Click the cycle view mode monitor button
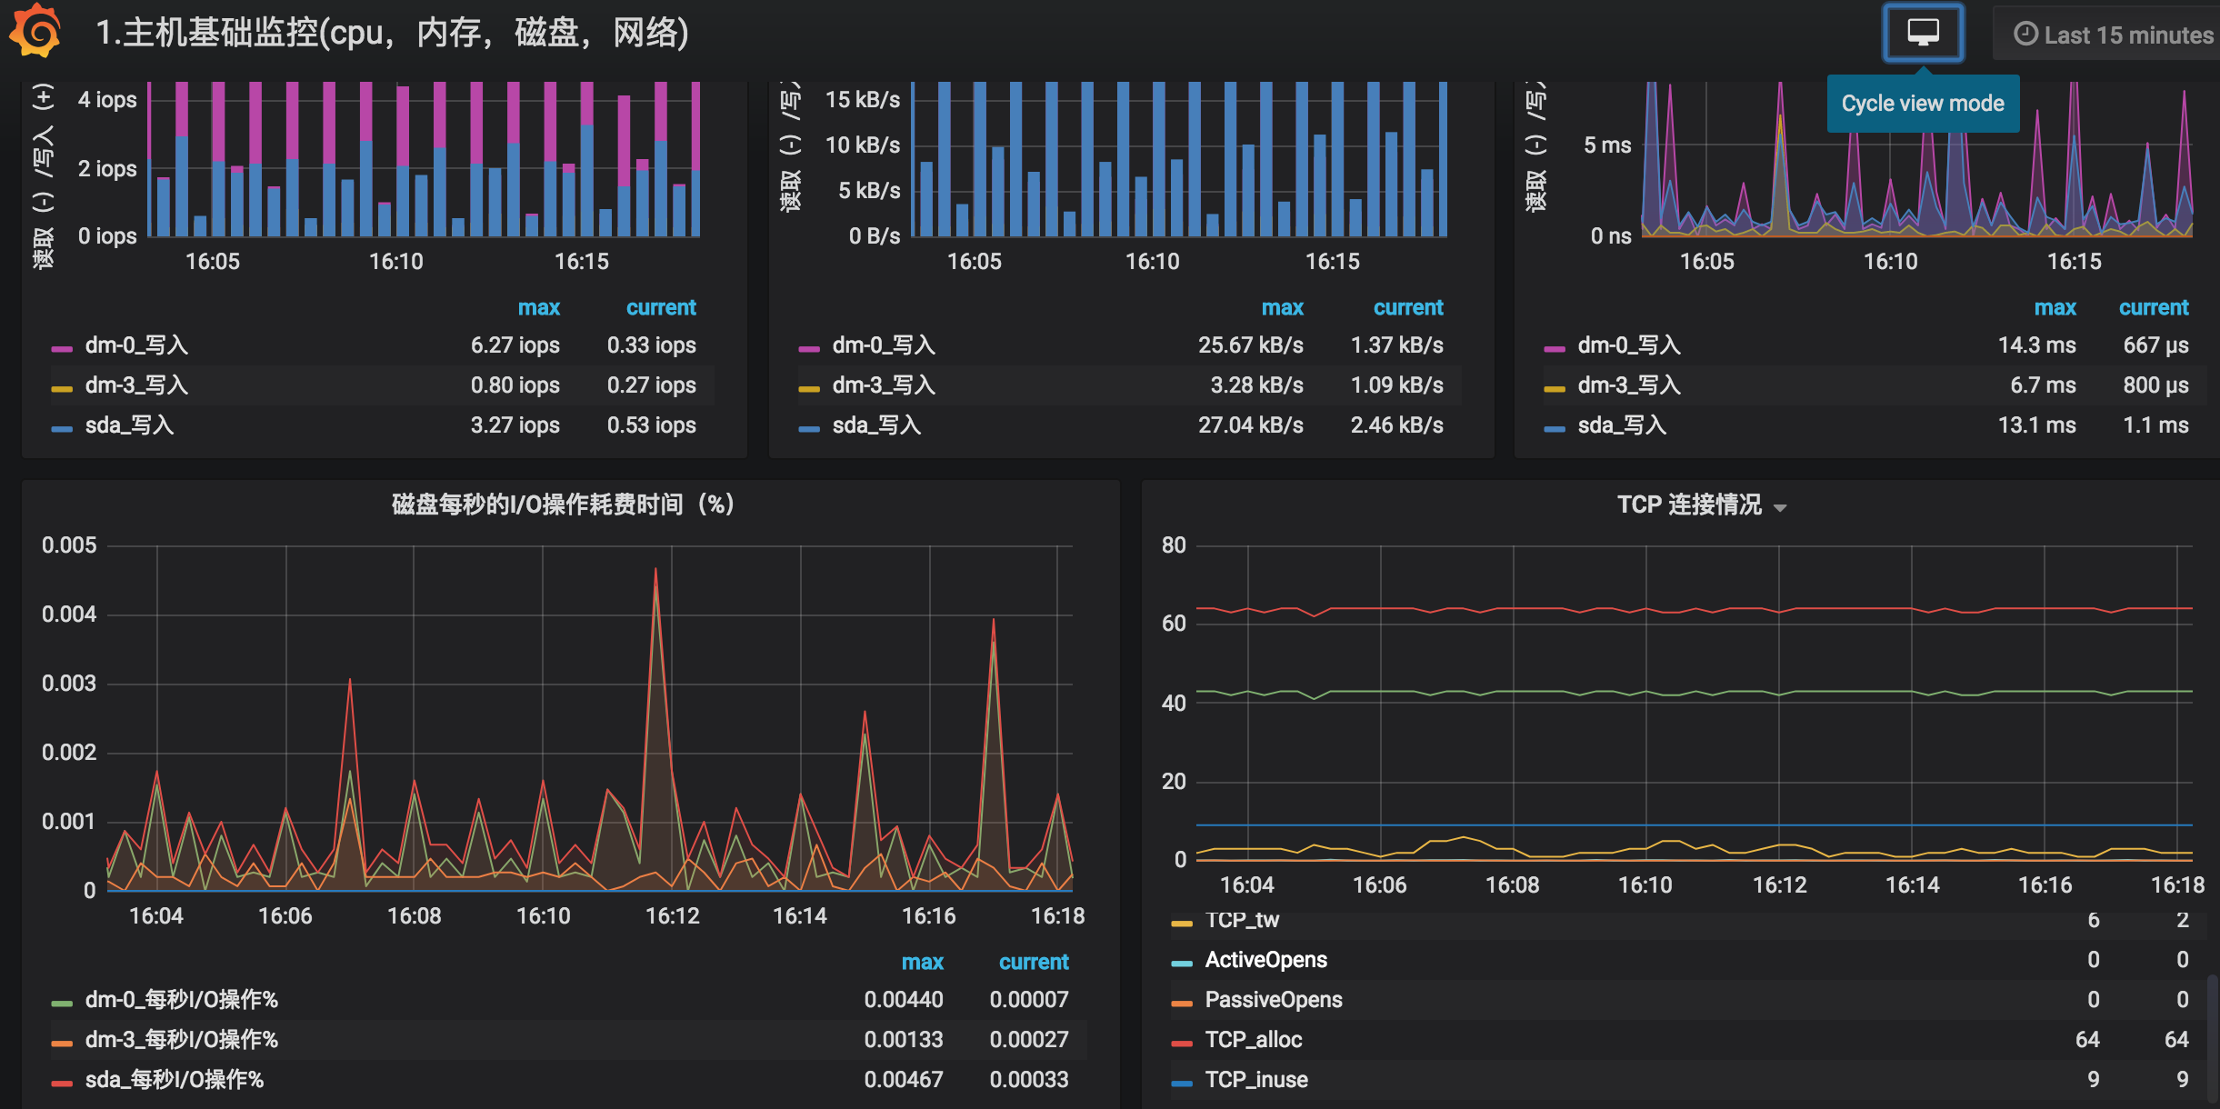pyautogui.click(x=1923, y=33)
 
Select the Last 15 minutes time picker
pyautogui.click(x=2114, y=35)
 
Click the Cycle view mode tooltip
pyautogui.click(x=1923, y=103)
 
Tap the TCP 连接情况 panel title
pyautogui.click(x=1689, y=505)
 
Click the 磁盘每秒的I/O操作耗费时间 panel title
pyautogui.click(x=563, y=505)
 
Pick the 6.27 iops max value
pyautogui.click(x=515, y=345)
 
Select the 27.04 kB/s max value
pyautogui.click(x=1250, y=425)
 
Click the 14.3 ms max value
pyautogui.click(x=2036, y=345)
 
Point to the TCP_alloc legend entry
pyautogui.click(x=1253, y=1040)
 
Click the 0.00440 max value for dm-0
pyautogui.click(x=903, y=1000)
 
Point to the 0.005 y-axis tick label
pyautogui.click(x=69, y=545)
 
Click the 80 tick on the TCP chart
pyautogui.click(x=1174, y=545)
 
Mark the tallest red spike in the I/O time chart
pyautogui.click(x=655, y=569)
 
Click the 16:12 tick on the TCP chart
pyautogui.click(x=1779, y=885)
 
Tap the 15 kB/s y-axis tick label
pyautogui.click(x=862, y=100)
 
